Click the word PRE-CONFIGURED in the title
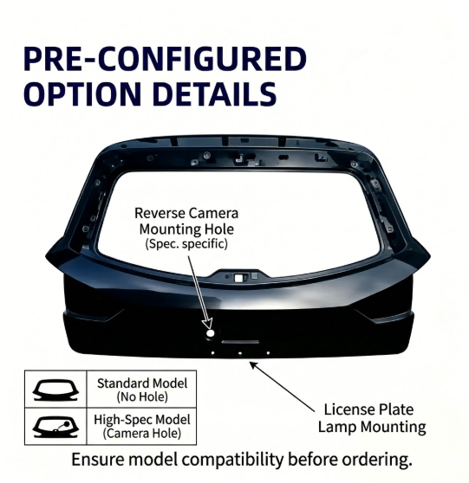[165, 59]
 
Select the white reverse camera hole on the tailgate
[211, 333]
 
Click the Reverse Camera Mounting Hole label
[186, 222]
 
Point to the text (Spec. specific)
[186, 244]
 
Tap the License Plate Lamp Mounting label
[372, 418]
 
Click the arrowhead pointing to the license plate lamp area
[253, 365]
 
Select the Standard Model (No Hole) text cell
[142, 390]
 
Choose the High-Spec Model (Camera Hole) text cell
[142, 427]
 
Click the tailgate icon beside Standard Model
[55, 390]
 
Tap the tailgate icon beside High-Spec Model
[55, 427]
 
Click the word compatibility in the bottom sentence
[232, 460]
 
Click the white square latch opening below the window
[238, 278]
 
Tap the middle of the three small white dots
[240, 353]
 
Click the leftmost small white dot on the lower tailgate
[212, 353]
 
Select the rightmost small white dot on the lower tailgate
[268, 353]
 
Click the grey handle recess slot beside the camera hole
[240, 342]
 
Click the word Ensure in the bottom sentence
[98, 460]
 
